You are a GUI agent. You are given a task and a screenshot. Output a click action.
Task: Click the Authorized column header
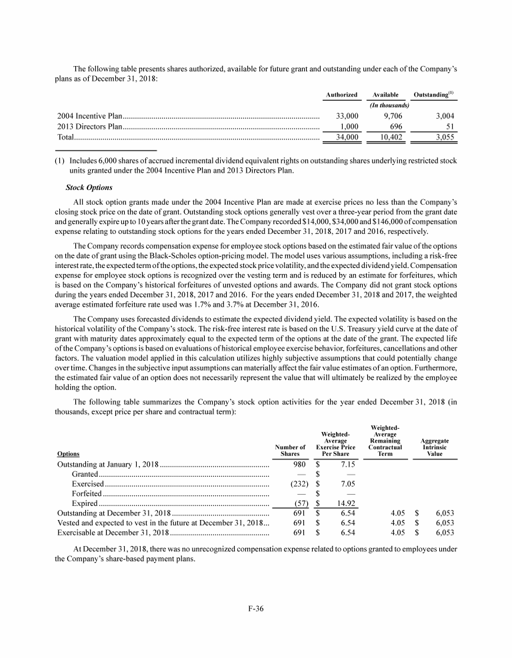(x=341, y=95)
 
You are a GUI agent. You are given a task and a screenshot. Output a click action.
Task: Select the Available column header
(x=385, y=95)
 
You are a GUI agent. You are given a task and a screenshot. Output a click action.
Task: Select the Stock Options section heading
(x=93, y=187)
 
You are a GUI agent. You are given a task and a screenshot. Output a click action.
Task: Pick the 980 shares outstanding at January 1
(x=299, y=464)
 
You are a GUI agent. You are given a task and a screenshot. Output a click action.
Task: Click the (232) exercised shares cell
(x=297, y=483)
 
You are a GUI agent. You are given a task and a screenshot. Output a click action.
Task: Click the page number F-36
(x=255, y=607)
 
